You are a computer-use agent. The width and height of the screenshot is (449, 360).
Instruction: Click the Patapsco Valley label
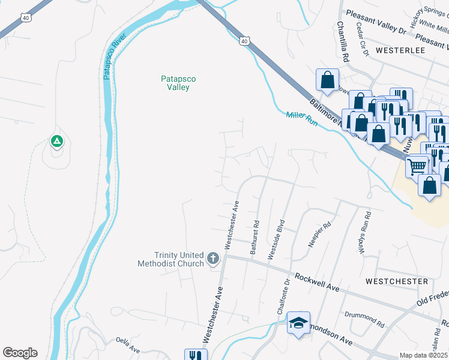tap(178, 83)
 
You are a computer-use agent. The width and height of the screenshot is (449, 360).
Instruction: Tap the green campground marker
tap(56, 142)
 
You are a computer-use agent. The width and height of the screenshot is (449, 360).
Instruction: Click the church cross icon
tap(212, 259)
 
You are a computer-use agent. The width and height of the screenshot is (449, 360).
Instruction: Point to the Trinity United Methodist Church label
tap(170, 259)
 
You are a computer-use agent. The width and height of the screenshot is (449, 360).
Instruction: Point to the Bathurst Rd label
tap(256, 238)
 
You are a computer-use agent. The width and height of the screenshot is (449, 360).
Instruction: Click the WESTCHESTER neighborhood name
tap(397, 281)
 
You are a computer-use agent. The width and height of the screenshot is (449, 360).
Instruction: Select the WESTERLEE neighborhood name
tap(400, 51)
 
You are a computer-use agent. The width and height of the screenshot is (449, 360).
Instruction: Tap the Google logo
tap(20, 353)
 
